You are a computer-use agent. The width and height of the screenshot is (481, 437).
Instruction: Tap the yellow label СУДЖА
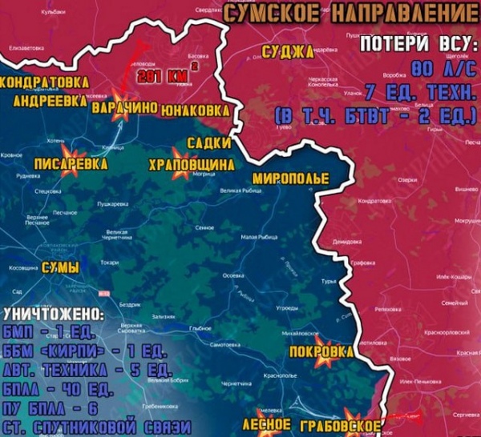(x=289, y=54)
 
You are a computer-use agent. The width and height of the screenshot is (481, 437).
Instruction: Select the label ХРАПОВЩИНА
(x=191, y=164)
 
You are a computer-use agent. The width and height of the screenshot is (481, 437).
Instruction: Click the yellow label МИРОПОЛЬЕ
(x=290, y=178)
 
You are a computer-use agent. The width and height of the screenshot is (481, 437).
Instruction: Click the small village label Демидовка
(x=348, y=241)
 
